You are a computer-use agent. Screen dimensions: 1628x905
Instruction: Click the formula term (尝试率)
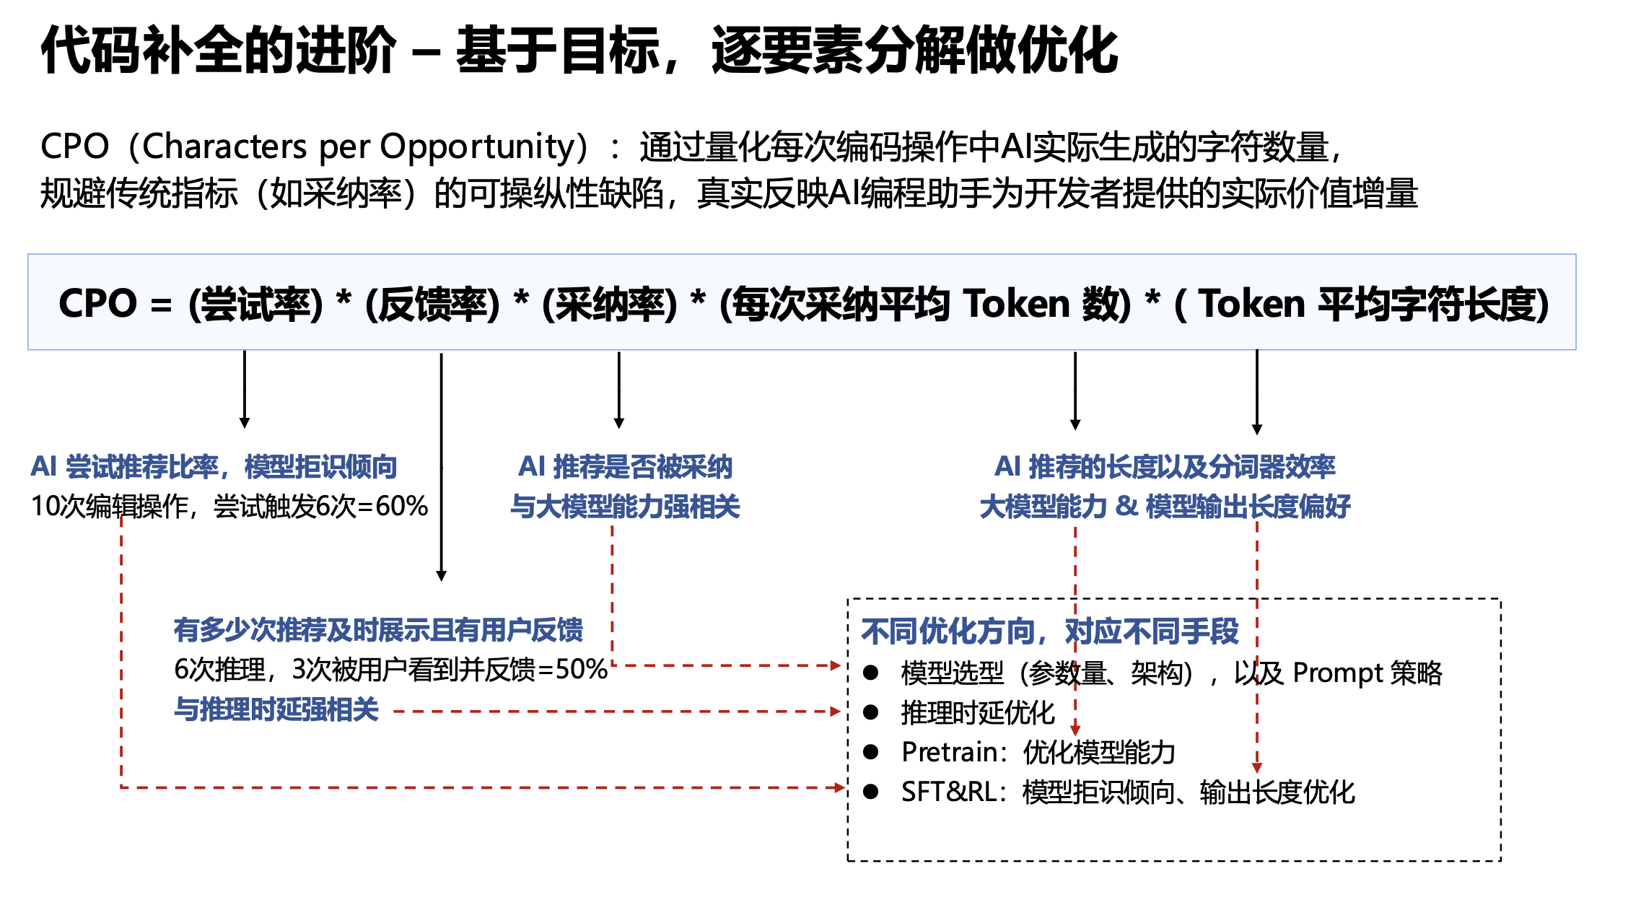(255, 304)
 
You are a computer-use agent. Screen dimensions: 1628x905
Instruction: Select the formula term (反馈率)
(432, 304)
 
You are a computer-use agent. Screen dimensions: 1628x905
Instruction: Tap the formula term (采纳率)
(610, 304)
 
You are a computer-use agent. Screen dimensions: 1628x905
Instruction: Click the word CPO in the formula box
(97, 303)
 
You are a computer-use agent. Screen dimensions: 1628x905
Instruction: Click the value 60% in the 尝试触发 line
(402, 506)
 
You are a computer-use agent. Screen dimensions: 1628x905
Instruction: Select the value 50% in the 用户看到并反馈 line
(582, 669)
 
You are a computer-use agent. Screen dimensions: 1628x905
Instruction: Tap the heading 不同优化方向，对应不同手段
(1050, 631)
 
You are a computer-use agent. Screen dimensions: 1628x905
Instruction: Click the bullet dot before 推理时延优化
(871, 712)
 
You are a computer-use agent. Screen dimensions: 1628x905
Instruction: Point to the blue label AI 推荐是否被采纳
(625, 467)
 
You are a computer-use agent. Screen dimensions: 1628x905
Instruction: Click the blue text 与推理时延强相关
(276, 709)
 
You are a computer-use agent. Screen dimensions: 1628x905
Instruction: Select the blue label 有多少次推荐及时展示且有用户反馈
(378, 630)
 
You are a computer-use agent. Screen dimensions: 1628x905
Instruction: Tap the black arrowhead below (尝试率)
(245, 422)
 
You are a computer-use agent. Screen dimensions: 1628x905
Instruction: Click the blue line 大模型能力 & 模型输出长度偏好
(1165, 507)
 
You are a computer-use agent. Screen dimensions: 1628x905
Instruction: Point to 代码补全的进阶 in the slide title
(219, 51)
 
